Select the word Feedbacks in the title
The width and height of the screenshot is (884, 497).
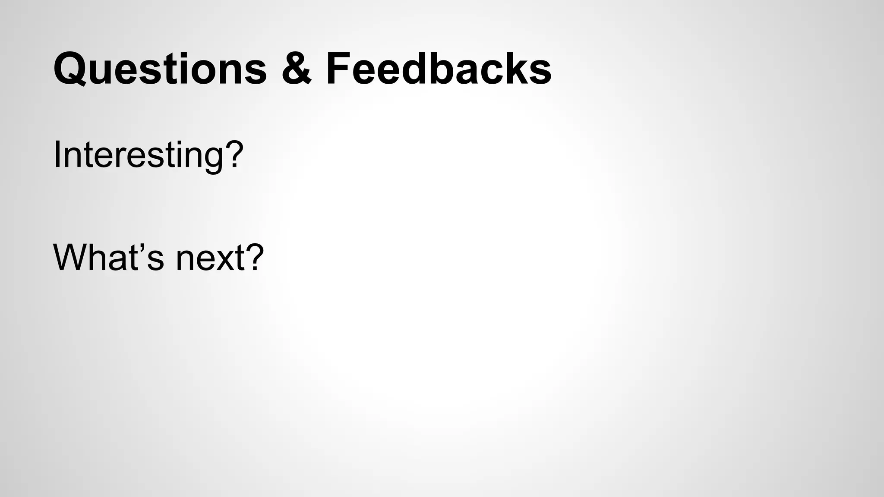[x=439, y=68]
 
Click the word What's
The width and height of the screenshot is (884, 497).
[x=108, y=258]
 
